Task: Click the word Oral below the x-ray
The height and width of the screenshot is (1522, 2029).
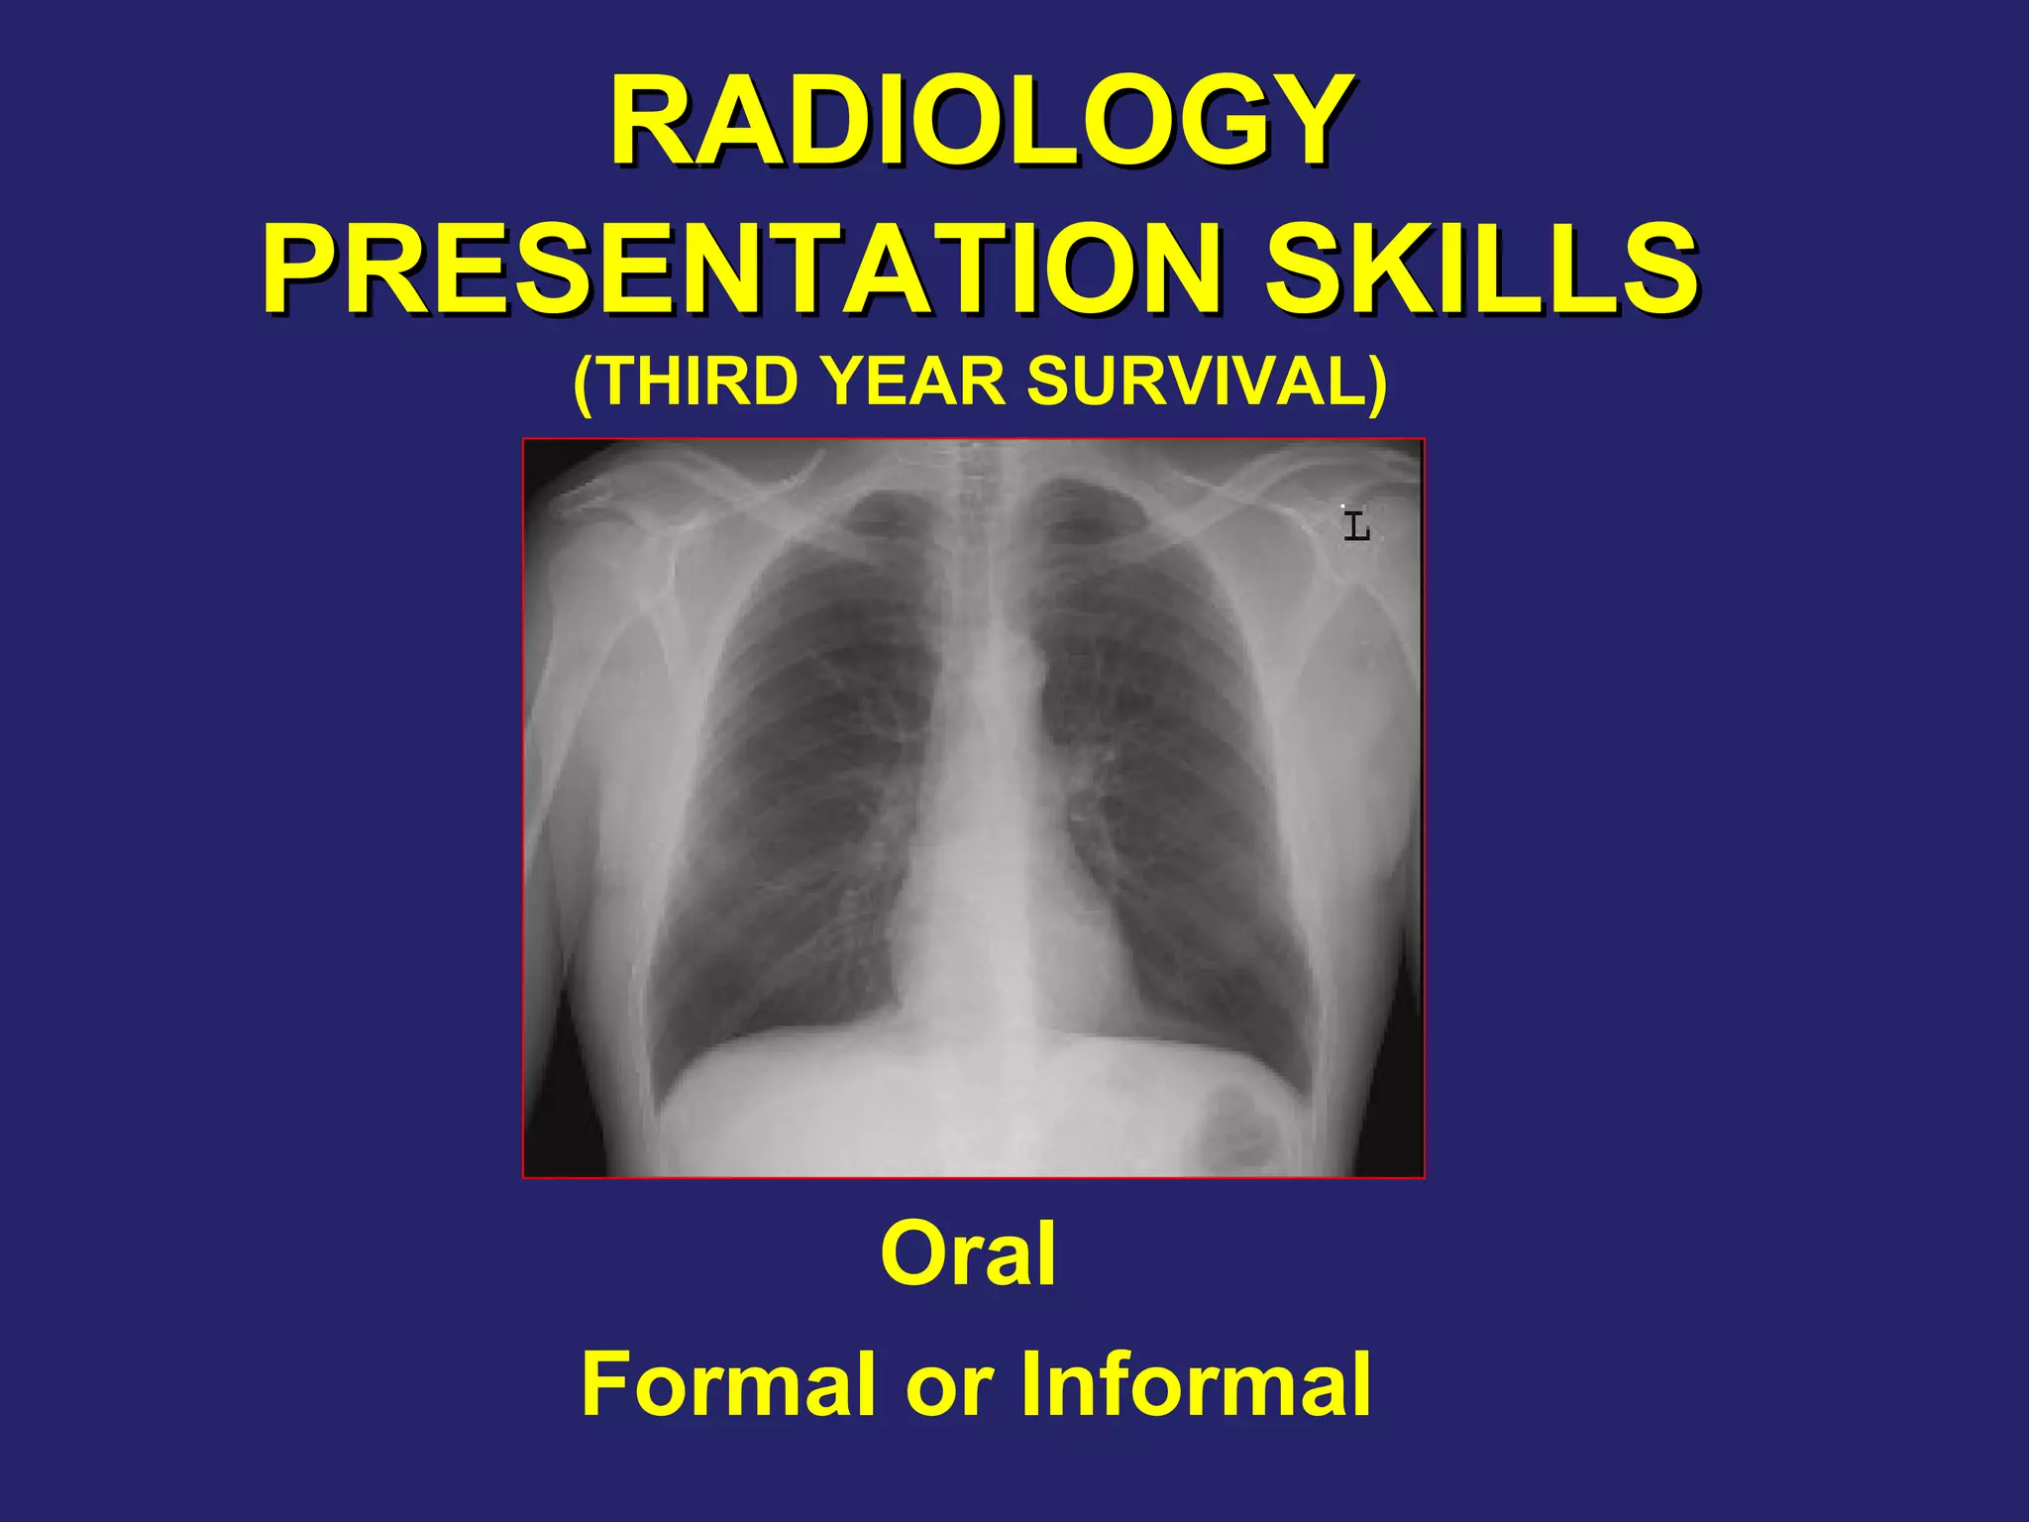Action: [968, 1254]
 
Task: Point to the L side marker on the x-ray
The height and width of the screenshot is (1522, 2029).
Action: [1356, 525]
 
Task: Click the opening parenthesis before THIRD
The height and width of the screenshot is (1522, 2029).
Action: [584, 382]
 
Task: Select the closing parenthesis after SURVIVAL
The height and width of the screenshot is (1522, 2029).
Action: [1378, 382]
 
